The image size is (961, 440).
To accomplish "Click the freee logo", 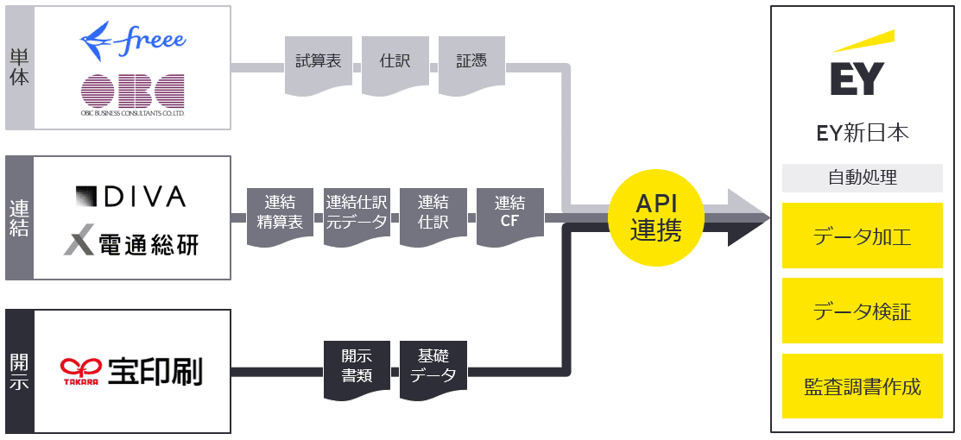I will click(132, 40).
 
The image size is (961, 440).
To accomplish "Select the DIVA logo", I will click(130, 197).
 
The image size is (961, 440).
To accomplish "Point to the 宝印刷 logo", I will click(131, 372).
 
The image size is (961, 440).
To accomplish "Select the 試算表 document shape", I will click(318, 63).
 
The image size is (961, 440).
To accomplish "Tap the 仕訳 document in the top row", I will click(395, 63).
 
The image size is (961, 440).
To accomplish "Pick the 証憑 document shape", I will click(471, 63).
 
